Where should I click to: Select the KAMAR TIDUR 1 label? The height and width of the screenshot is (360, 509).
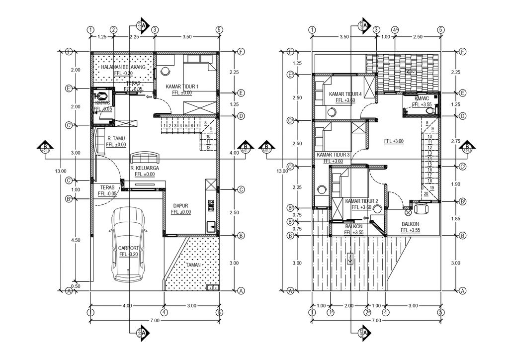click(182, 87)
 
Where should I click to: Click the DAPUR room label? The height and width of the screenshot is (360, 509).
click(181, 205)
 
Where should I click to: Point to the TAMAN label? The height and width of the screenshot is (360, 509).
click(193, 265)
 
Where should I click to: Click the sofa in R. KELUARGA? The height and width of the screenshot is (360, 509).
click(144, 158)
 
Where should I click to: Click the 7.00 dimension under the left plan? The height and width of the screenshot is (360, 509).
click(155, 321)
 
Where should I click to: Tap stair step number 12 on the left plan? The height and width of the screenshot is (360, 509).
click(208, 148)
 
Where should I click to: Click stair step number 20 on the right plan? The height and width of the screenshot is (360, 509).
click(426, 194)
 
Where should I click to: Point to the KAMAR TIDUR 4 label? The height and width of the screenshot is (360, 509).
click(344, 94)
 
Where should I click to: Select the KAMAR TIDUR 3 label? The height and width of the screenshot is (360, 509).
click(333, 155)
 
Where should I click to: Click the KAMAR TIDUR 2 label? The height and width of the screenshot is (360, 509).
click(361, 201)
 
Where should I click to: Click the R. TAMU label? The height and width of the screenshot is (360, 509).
click(116, 138)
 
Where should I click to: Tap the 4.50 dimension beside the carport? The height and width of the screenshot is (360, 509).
click(76, 240)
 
